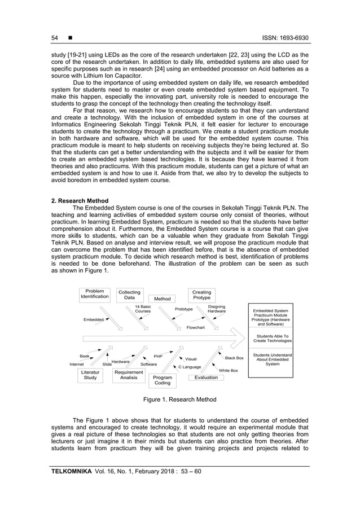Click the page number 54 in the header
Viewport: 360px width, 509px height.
tap(55, 38)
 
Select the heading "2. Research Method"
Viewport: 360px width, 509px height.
tap(80, 200)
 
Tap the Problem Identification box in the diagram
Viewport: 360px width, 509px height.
tap(94, 294)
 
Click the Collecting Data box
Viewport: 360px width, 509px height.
tap(129, 295)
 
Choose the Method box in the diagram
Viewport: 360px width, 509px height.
tap(162, 299)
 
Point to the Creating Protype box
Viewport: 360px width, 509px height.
tap(201, 295)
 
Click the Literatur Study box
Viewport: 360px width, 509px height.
tap(90, 375)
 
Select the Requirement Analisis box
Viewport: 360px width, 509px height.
tap(129, 375)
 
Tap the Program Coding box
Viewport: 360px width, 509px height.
tap(163, 380)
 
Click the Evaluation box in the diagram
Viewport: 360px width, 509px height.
tap(206, 377)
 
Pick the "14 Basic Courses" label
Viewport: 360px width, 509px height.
tap(143, 309)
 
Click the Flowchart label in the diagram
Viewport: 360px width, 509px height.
tap(196, 327)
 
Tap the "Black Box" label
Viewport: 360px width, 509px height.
tap(234, 358)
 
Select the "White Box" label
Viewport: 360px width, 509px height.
tap(229, 370)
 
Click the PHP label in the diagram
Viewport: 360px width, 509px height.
tap(158, 357)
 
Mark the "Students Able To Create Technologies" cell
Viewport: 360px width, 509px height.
tap(273, 339)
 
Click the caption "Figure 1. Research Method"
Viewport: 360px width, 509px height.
tap(179, 400)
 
